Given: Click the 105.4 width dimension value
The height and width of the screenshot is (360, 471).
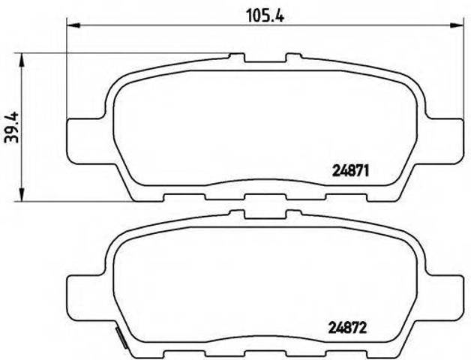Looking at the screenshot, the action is (265, 16).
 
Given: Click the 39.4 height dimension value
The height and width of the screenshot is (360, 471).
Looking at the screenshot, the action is (12, 127).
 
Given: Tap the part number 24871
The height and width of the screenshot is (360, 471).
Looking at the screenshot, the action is (350, 172).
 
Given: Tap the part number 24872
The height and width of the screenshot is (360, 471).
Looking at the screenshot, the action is (348, 328).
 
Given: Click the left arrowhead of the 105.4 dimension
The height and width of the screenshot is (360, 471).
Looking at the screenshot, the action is (73, 25).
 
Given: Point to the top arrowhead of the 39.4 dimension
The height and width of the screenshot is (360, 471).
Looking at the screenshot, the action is (22, 60).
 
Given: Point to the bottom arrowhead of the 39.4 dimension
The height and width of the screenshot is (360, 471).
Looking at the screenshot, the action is (22, 194).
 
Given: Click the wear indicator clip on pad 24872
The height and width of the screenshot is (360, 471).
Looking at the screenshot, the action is (121, 337).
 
